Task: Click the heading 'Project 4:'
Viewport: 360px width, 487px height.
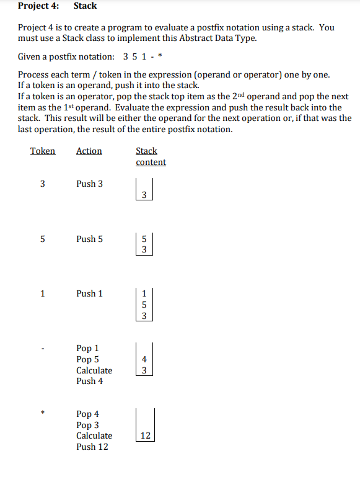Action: [x=38, y=6]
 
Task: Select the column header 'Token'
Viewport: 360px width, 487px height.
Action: [x=43, y=151]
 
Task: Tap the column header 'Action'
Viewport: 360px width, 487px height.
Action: [x=89, y=151]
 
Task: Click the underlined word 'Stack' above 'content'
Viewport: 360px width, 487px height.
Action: [x=146, y=151]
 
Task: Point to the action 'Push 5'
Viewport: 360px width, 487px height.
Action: [x=90, y=239]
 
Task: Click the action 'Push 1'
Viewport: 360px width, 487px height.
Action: [x=90, y=293]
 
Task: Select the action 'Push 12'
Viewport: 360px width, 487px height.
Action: [x=92, y=447]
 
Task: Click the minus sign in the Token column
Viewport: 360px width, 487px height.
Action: [x=43, y=349]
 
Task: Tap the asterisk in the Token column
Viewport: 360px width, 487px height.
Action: [x=43, y=413]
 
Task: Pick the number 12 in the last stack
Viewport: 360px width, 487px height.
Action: [x=145, y=436]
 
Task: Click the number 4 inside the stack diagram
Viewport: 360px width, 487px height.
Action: [x=144, y=359]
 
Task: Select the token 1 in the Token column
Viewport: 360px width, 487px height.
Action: [x=43, y=293]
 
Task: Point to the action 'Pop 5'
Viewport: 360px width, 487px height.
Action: [x=87, y=359]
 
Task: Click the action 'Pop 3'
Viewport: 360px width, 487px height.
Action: [x=87, y=425]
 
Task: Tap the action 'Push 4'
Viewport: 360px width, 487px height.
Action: [x=90, y=381]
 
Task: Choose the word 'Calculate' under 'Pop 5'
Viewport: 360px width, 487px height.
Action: [x=94, y=370]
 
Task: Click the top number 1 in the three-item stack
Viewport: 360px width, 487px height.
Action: [x=144, y=294]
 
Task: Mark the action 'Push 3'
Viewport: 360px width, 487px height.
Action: [x=90, y=184]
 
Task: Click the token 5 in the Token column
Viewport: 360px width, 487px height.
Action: [x=43, y=239]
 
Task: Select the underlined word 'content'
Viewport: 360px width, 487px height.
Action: [x=151, y=162]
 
